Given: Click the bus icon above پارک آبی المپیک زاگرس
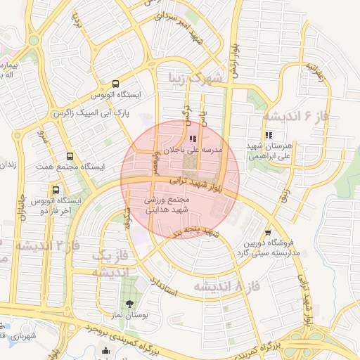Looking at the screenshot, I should point(116,84).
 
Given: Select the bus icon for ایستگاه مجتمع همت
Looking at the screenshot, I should point(70,156).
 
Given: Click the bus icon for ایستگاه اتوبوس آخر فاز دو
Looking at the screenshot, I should point(56,190).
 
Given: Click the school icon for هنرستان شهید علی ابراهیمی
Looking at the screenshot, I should point(268,135).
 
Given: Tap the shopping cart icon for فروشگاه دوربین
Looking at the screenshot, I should point(268,233).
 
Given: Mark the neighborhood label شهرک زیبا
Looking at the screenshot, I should point(194,77).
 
